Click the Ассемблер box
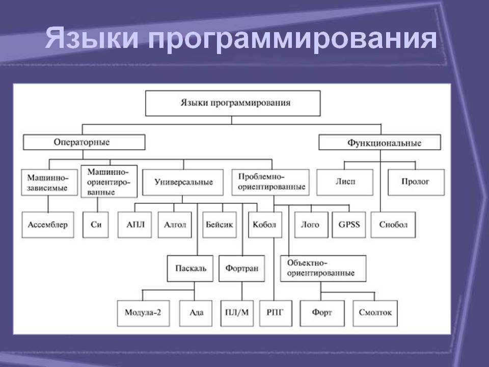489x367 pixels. coord(48,225)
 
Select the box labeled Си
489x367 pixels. coord(96,225)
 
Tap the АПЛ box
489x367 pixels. coord(135,225)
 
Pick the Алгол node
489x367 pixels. coord(175,225)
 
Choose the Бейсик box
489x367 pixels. coord(220,225)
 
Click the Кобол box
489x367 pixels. coord(265,225)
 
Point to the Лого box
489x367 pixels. coord(311,225)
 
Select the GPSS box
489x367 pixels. coord(349,225)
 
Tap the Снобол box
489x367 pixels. coord(393,225)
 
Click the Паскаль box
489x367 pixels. coord(190,269)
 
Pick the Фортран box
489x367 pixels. coord(242,269)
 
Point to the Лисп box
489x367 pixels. coord(345,182)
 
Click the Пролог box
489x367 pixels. coord(416,182)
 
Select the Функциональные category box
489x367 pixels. coord(380,142)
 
